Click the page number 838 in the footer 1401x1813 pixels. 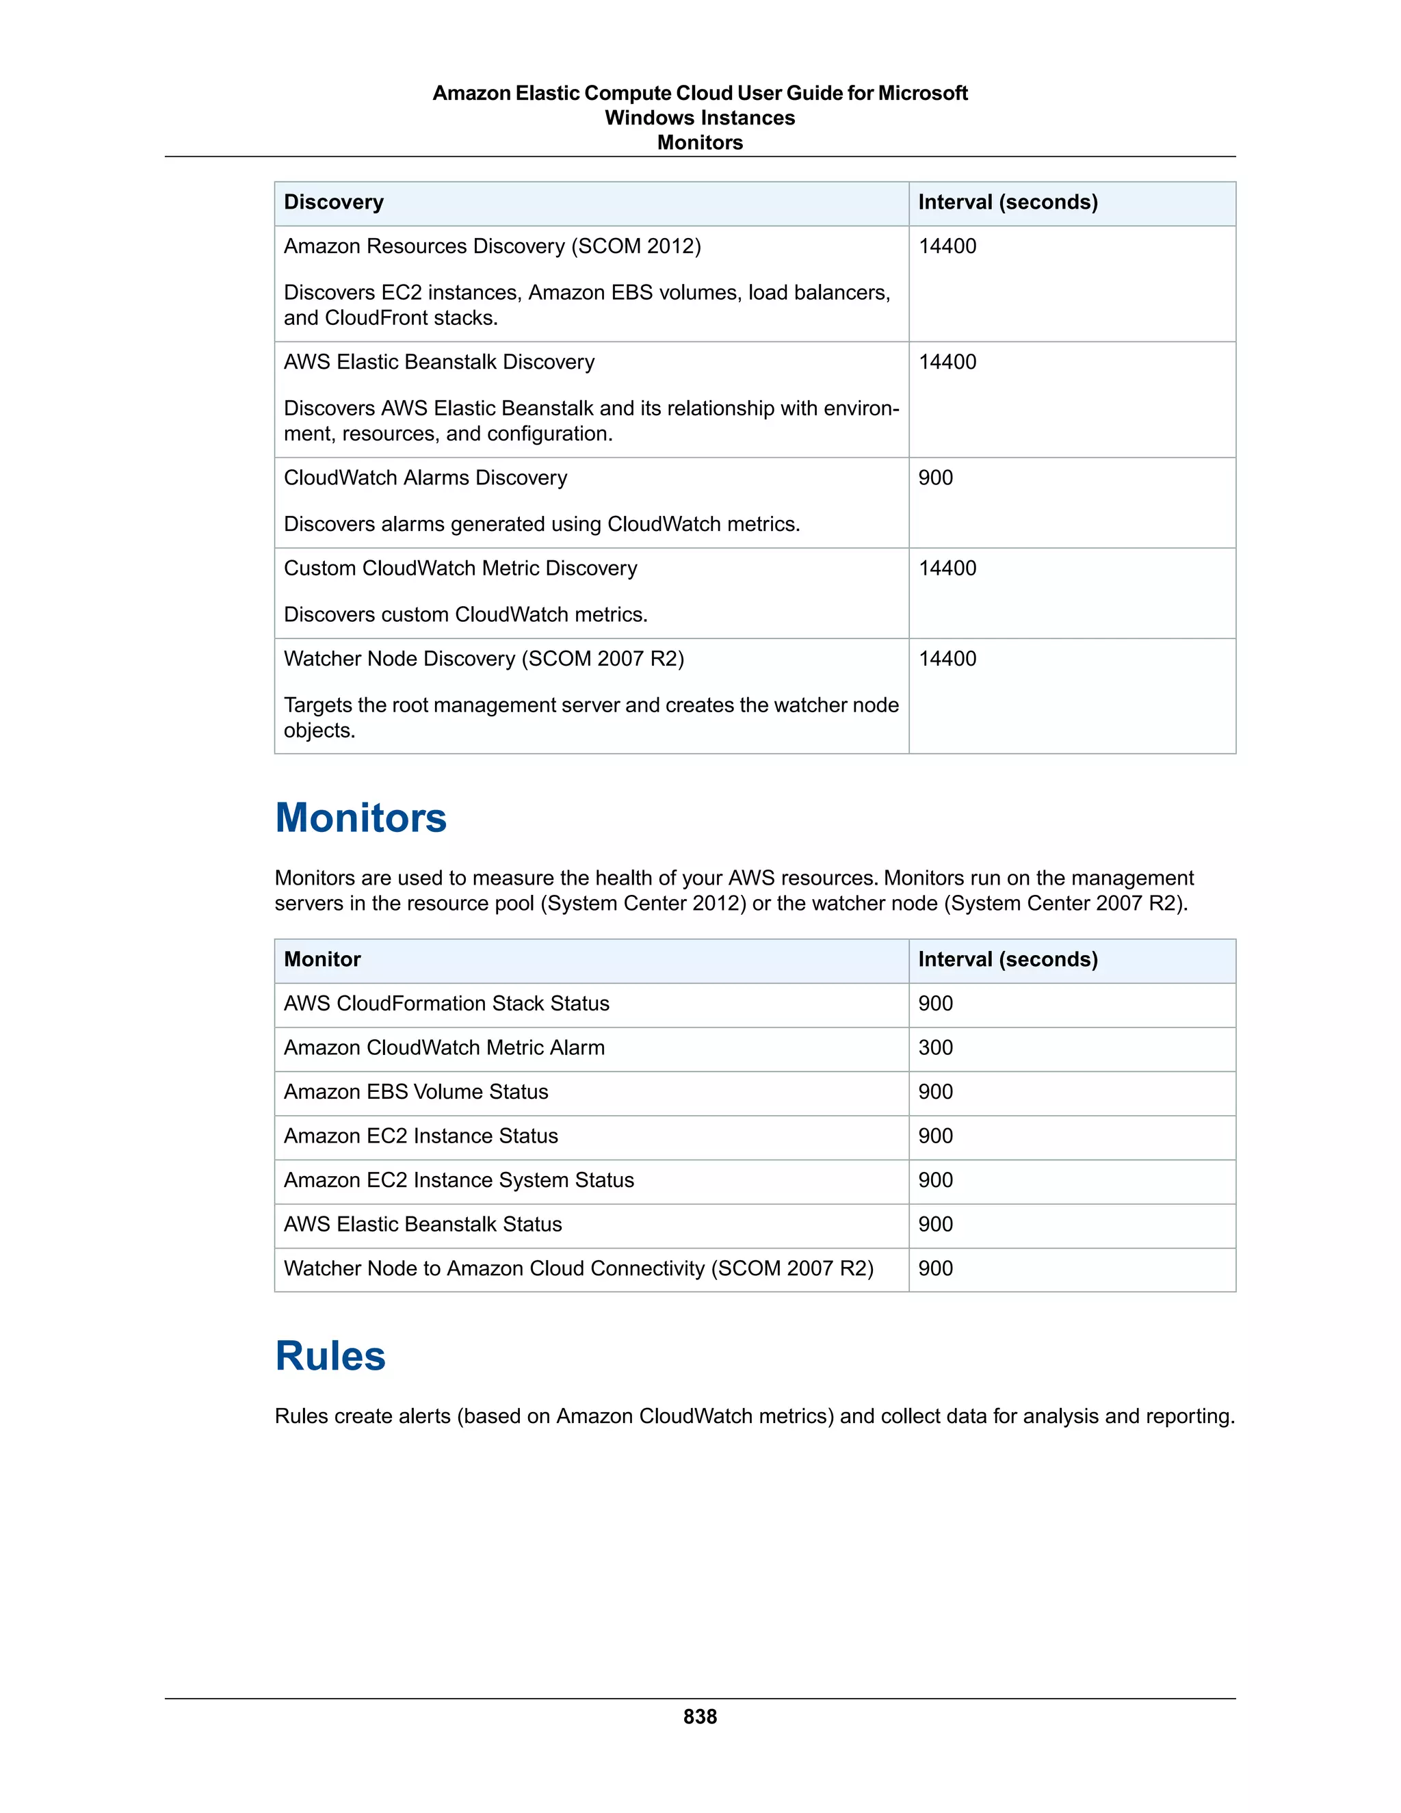point(700,1716)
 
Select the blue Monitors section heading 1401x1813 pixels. point(361,818)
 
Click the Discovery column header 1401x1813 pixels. point(334,203)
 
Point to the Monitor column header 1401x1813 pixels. point(322,960)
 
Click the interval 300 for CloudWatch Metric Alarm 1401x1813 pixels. point(935,1047)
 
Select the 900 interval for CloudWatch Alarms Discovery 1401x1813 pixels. point(935,478)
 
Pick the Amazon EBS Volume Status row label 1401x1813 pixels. point(416,1092)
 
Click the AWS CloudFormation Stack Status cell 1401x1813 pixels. point(447,1004)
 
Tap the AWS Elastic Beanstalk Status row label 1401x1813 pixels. point(423,1225)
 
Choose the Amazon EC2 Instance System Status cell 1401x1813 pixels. point(458,1180)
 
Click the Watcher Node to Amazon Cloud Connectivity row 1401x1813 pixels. point(579,1268)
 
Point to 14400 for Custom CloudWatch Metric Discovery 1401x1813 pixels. point(947,569)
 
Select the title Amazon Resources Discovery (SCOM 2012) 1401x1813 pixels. point(492,246)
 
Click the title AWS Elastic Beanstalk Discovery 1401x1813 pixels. point(439,362)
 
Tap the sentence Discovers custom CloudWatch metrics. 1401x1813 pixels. point(466,615)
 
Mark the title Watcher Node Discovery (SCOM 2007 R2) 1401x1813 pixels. point(484,659)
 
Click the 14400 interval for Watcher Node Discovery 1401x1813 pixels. point(947,659)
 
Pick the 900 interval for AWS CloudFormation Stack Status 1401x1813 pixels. point(935,1004)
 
